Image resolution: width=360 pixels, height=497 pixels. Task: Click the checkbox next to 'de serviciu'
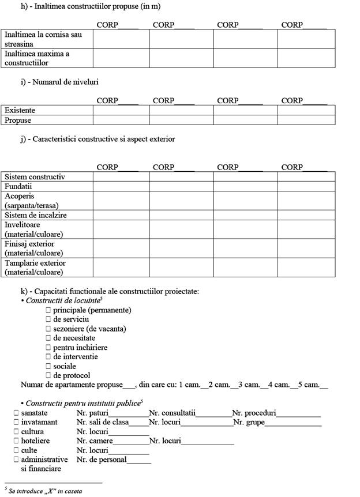click(48, 319)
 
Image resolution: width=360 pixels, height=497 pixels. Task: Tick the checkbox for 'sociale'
click(48, 366)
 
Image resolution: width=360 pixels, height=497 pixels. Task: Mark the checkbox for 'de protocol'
click(48, 375)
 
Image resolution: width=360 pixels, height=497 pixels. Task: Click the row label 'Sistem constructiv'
click(35, 176)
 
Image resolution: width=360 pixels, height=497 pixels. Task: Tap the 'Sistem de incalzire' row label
click(36, 215)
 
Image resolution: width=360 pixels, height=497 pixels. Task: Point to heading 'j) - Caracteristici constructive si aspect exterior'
click(97, 139)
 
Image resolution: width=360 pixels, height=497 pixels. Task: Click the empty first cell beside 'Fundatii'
click(121, 187)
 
